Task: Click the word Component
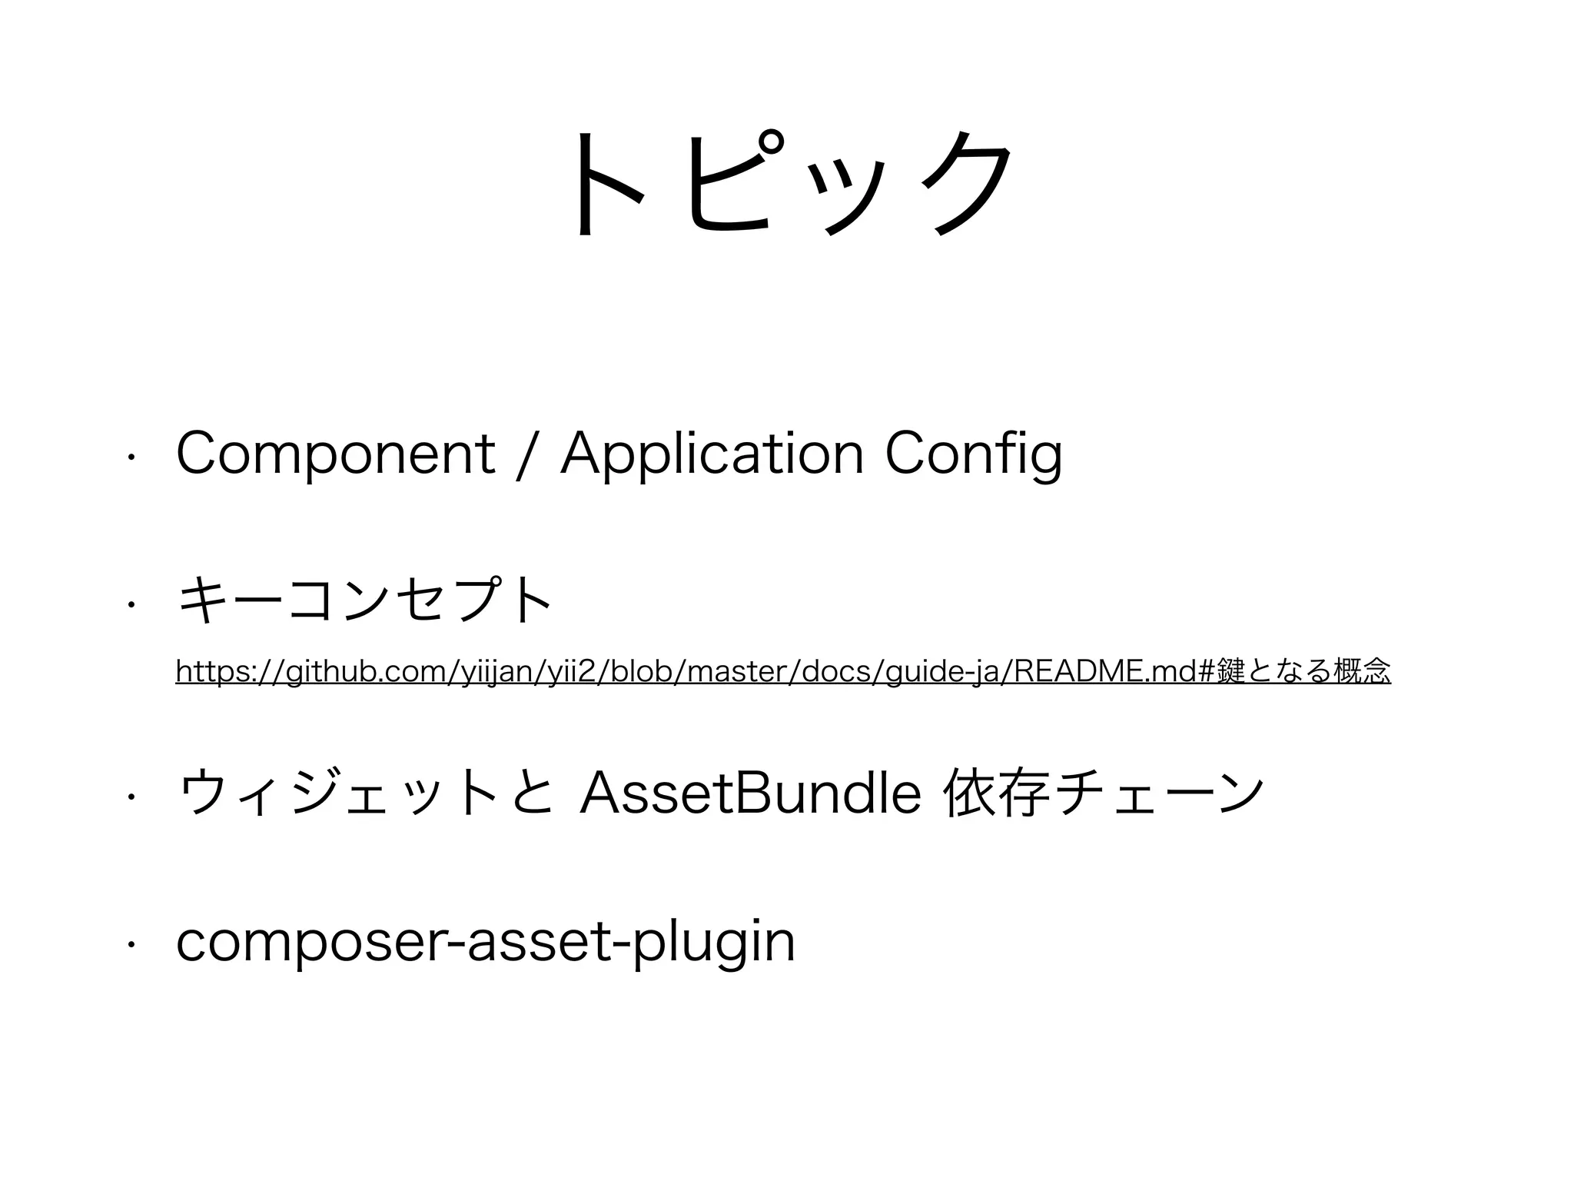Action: (x=335, y=454)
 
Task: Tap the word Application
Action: (x=712, y=454)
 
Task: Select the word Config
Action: (x=974, y=454)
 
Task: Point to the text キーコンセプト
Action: (x=364, y=602)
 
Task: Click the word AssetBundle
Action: (x=750, y=795)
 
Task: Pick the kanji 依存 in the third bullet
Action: (x=998, y=795)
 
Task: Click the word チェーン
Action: (x=1159, y=795)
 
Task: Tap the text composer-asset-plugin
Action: (x=485, y=943)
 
